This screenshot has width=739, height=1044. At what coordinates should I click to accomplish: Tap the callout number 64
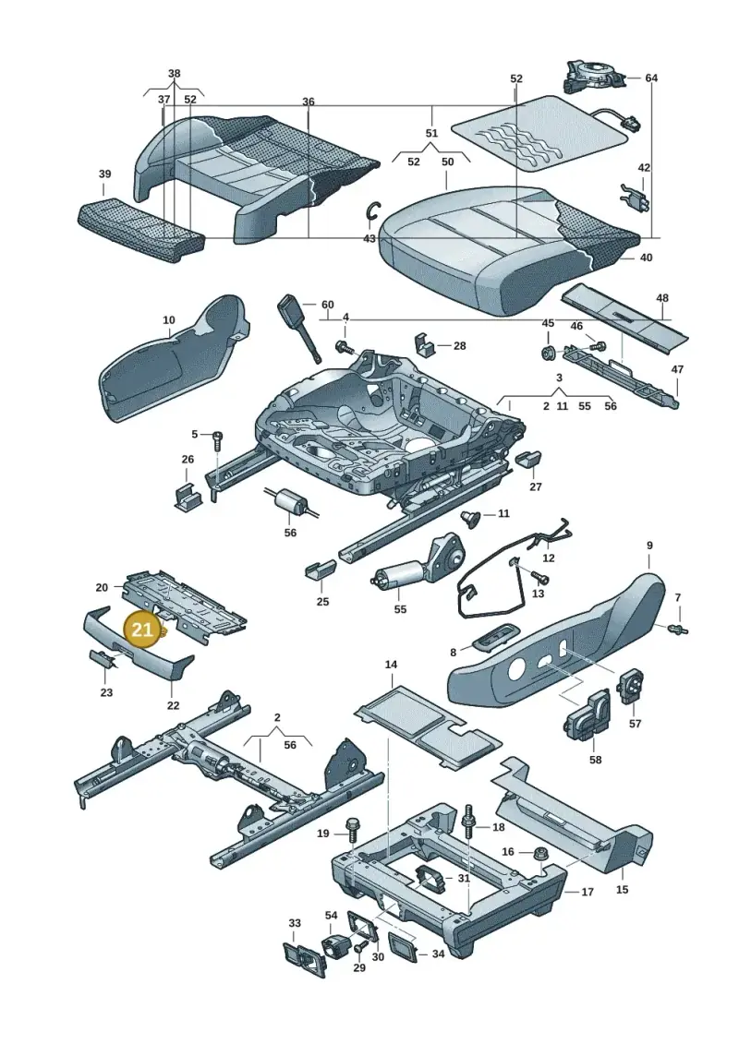tap(651, 78)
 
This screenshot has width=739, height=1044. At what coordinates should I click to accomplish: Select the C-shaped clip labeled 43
tap(374, 210)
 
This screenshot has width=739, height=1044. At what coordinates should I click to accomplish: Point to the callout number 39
tap(104, 174)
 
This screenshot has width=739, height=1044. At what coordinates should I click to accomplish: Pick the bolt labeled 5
tap(216, 440)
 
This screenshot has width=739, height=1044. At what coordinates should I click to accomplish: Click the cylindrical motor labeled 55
tap(398, 574)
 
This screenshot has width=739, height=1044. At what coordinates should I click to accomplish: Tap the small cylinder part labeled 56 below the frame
tap(290, 500)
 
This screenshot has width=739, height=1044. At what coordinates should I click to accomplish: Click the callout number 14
tap(391, 665)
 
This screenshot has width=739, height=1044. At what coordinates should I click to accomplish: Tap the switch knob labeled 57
tap(630, 687)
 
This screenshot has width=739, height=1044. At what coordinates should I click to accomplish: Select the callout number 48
tap(661, 297)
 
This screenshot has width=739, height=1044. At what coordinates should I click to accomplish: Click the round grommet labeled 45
tap(549, 352)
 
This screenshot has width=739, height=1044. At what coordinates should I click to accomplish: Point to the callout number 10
tap(169, 321)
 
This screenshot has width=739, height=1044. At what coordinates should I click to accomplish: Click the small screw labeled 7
tap(678, 628)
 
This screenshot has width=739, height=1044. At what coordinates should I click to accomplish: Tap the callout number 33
tap(295, 923)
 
